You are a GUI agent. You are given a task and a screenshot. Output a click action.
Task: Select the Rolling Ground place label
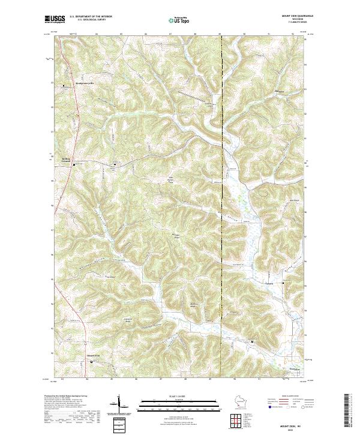[x=66, y=160]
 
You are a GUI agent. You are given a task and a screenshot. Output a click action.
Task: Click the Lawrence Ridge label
[x=127, y=319]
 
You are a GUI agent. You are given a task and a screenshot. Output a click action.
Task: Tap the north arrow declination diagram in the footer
[x=118, y=404]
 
